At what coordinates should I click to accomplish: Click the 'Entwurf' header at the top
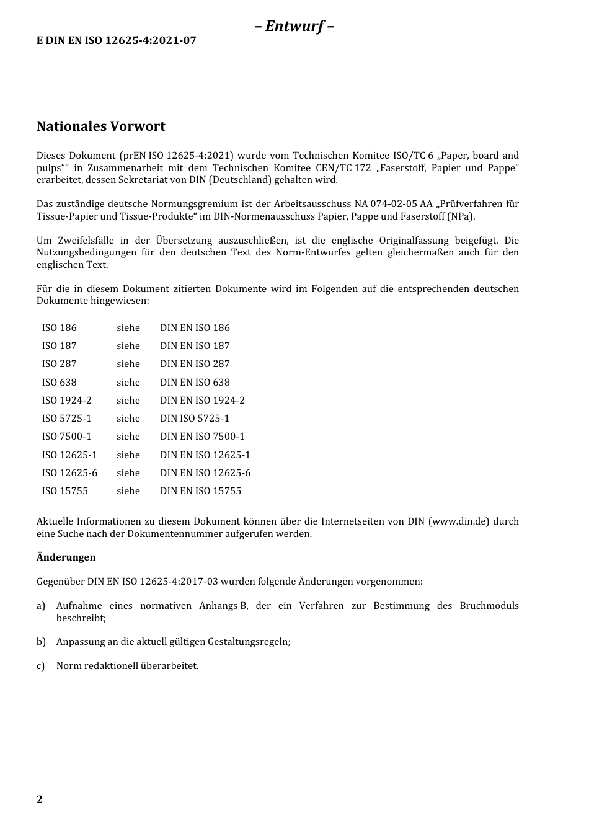point(294,26)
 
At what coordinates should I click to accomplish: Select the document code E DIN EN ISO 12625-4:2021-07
point(117,41)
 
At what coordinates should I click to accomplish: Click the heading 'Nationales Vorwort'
point(101,126)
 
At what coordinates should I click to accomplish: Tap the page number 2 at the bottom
point(40,799)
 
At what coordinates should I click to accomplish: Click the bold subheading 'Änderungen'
point(66,557)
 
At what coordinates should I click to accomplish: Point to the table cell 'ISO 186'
point(60,327)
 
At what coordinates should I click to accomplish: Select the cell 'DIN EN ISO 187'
point(195,345)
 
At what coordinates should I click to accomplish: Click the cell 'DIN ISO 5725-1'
point(195,418)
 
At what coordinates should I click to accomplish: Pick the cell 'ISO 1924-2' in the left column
point(66,400)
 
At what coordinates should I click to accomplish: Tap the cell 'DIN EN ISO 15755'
point(200,490)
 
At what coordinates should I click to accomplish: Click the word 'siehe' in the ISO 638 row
point(128,382)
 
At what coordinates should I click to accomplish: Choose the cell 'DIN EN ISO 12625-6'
point(205,472)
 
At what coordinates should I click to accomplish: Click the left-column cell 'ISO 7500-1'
point(66,436)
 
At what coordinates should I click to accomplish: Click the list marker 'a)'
point(40,605)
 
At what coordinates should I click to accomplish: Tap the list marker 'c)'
point(40,665)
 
